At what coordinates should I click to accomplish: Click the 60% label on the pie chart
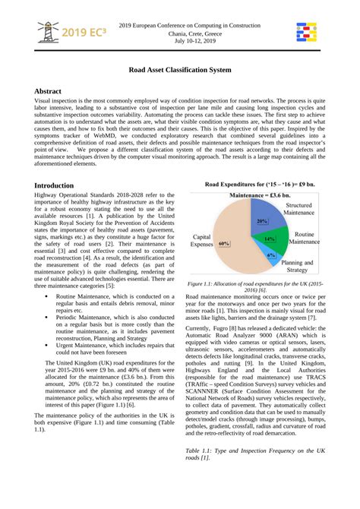[225, 244]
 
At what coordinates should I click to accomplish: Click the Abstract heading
[53, 90]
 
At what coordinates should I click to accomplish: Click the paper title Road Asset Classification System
[180, 70]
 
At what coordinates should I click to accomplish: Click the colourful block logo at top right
[308, 33]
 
